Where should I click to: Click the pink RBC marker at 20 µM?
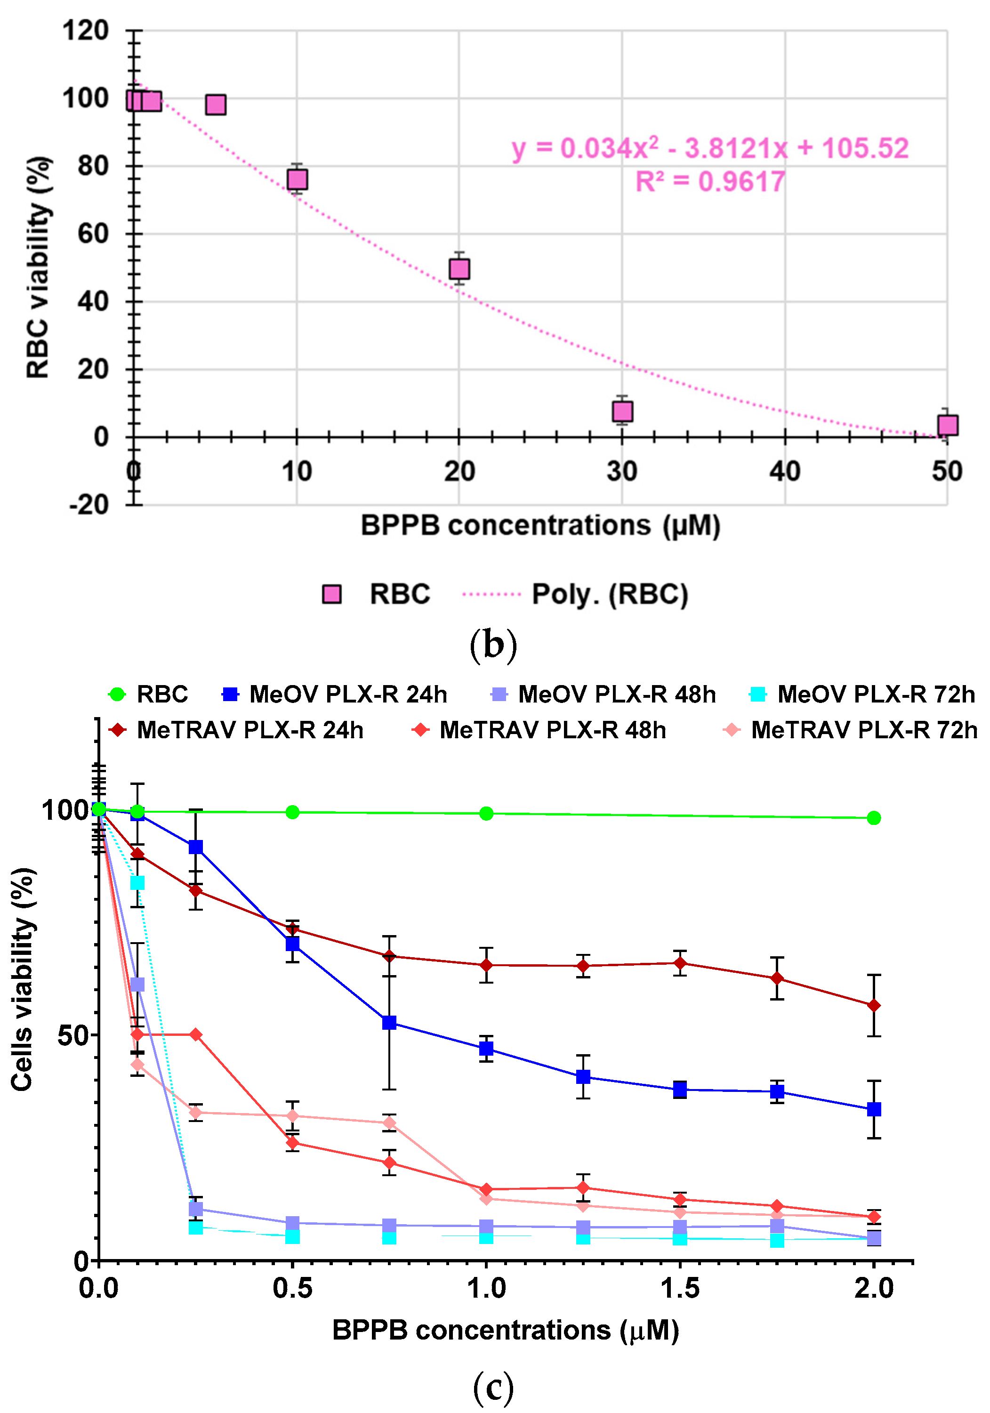[x=459, y=269]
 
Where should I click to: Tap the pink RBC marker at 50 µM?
[x=948, y=425]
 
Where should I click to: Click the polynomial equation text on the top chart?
[x=709, y=148]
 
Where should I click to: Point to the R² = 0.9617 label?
[x=709, y=182]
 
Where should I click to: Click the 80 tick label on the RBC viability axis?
[x=93, y=166]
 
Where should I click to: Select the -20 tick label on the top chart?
[x=89, y=505]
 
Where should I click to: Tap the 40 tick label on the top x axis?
[x=784, y=471]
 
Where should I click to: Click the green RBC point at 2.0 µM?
[x=873, y=818]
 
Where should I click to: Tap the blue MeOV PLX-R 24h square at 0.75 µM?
[x=389, y=1023]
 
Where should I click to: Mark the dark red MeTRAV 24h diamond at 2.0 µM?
[x=873, y=1006]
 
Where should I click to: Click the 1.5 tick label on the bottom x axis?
[x=679, y=1288]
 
